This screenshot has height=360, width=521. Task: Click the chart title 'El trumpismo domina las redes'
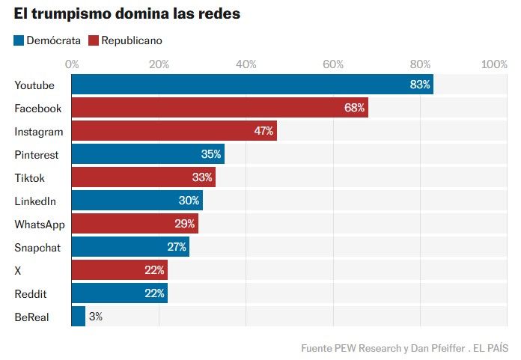coord(127,15)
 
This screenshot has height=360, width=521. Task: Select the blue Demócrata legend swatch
coord(19,40)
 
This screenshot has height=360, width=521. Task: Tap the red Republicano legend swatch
coord(94,40)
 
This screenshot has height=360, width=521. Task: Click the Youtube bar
coord(252,85)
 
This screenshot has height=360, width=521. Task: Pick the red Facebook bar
coord(219,108)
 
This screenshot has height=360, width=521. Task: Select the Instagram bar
coord(174,131)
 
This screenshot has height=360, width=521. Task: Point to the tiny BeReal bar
coord(78,317)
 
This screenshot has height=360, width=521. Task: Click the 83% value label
coord(420,85)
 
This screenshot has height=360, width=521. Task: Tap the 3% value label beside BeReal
coord(95,317)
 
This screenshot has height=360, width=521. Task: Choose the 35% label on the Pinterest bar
coord(211,154)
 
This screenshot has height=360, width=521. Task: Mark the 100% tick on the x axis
coord(494,64)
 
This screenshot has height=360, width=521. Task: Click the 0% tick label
coord(73,64)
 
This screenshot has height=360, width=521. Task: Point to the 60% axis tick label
coord(333,64)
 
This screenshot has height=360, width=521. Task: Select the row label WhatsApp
coord(40,224)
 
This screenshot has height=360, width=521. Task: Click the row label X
coord(18,270)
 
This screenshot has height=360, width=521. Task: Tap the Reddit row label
coord(31,293)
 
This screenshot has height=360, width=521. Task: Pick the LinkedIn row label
coord(35,201)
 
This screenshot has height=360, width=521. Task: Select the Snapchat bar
coord(130,247)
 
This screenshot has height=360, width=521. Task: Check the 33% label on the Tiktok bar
coord(202,177)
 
